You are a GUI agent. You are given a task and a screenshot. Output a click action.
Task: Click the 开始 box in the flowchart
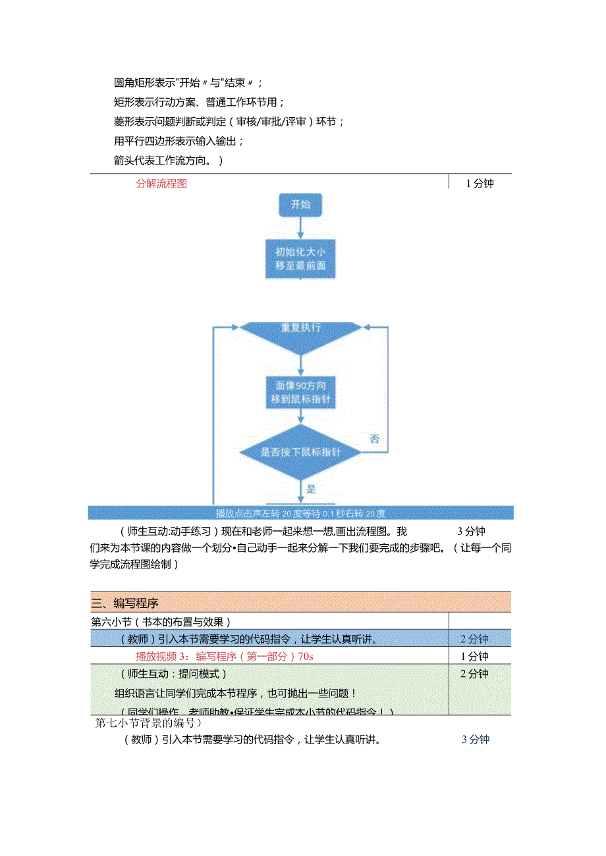coord(300,205)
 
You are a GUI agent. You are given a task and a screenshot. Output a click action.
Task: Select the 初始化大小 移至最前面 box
coord(300,259)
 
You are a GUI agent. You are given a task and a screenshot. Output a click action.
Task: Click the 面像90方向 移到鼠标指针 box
coord(300,391)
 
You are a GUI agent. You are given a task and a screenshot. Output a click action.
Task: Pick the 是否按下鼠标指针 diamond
coord(300,452)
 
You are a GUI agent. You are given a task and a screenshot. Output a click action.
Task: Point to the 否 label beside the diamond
coord(374,439)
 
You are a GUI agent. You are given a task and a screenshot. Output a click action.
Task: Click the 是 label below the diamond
coord(312,489)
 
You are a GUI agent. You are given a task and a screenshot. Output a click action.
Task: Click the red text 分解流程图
coord(161,184)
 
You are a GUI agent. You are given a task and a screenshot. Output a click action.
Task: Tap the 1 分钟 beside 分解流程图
coord(480,184)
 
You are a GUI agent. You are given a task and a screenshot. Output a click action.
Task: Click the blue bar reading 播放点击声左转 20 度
coord(300,513)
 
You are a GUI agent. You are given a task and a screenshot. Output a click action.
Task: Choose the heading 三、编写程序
coord(125,602)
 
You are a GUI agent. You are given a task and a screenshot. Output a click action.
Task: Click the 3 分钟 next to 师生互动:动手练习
coord(471,531)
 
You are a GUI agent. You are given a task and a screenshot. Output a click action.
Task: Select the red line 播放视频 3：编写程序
coord(223,656)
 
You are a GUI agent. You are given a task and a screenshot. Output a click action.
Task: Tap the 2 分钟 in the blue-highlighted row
coord(474,638)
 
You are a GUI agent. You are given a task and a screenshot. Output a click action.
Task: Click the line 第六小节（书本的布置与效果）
coord(161,621)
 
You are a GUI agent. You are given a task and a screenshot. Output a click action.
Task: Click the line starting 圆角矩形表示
coord(188,83)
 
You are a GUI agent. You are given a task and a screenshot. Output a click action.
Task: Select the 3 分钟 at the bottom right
coord(476,740)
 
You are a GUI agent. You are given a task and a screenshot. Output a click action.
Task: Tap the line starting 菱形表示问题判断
coord(229,122)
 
